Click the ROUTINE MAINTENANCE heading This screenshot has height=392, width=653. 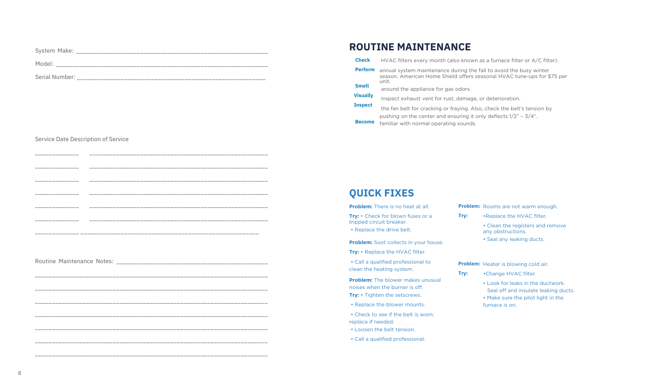pos(409,47)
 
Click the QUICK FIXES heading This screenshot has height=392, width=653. pos(381,193)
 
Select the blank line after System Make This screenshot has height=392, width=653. pos(172,51)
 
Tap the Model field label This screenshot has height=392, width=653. pos(44,64)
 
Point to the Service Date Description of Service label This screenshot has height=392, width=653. pos(82,139)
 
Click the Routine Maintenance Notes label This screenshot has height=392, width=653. pos(74,261)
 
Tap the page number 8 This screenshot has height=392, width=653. pos(19,373)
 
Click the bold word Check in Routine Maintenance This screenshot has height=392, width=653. pos(362,60)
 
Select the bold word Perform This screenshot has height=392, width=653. pos(365,69)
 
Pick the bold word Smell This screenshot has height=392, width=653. pos(362,86)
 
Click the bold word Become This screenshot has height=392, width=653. pos(365,122)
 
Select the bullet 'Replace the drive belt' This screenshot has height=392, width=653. pos(382,230)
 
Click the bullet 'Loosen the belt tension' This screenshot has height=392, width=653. pos(384,329)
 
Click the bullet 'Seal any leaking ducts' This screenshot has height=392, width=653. pos(515,239)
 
